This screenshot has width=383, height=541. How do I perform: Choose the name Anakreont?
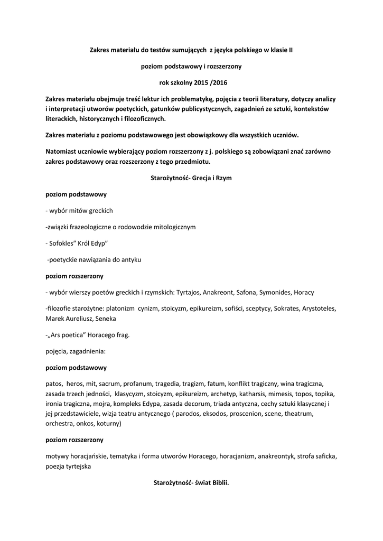pos(234,292)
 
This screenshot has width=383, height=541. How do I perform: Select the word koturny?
pos(109,424)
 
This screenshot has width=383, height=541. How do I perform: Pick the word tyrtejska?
pos(77,466)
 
